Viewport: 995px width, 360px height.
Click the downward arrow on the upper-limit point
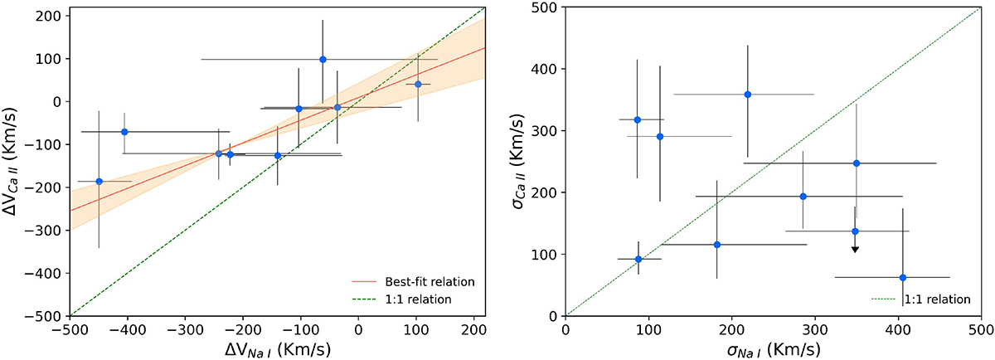pyautogui.click(x=855, y=248)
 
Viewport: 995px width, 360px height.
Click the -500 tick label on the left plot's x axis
pyautogui.click(x=70, y=330)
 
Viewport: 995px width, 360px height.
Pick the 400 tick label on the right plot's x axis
pyautogui.click(x=897, y=330)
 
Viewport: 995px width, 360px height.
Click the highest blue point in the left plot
pyautogui.click(x=323, y=60)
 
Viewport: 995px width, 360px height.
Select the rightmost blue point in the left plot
pyautogui.click(x=418, y=84)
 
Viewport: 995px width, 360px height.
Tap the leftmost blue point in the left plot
pyautogui.click(x=99, y=182)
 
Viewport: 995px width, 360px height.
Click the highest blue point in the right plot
pyautogui.click(x=747, y=95)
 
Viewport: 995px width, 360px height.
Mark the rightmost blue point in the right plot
pyautogui.click(x=903, y=278)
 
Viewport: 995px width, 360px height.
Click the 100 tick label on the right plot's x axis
pyautogui.click(x=648, y=330)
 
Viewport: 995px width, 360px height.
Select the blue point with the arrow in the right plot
pyautogui.click(x=855, y=231)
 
